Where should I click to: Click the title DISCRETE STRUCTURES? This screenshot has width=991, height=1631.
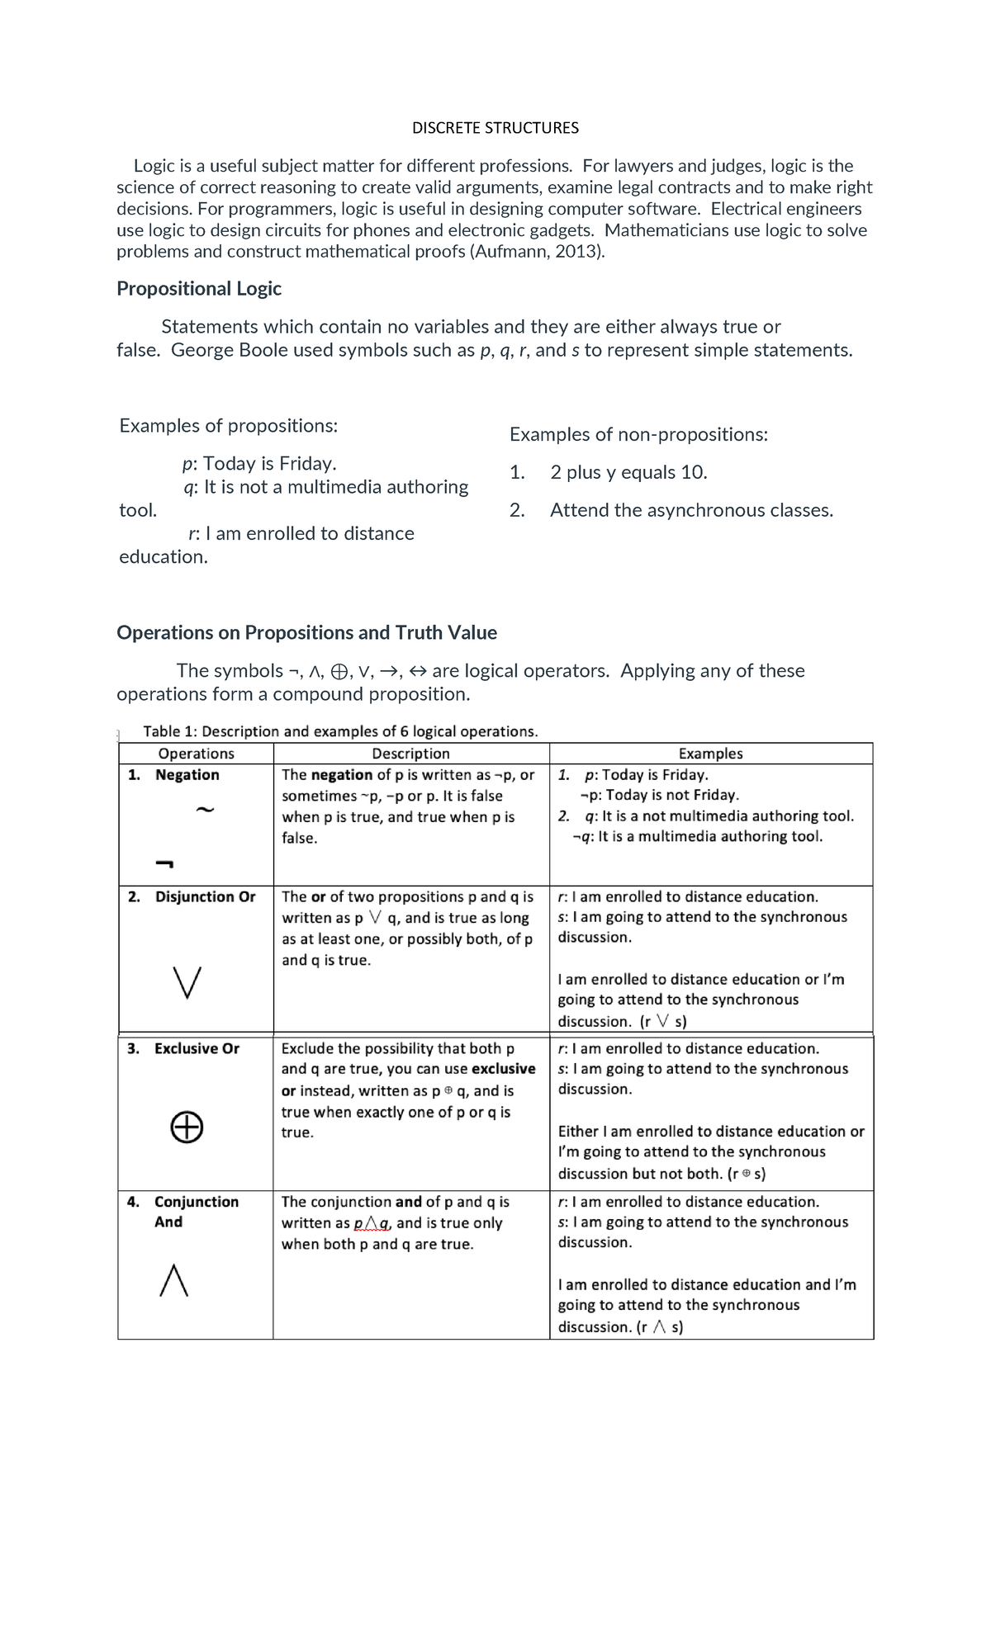495,128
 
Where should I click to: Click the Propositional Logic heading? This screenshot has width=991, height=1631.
199,289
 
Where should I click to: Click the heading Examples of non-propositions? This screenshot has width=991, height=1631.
638,435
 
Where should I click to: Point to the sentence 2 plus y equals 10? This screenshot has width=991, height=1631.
628,473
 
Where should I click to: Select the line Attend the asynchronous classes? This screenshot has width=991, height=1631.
691,511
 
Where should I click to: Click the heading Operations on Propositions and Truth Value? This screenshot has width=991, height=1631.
306,633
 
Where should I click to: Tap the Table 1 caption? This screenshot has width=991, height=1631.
340,731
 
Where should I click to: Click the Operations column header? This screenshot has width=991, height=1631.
196,754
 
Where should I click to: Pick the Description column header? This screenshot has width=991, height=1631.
410,754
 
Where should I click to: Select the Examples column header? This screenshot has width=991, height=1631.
710,754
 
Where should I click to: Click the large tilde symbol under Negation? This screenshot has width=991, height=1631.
205,810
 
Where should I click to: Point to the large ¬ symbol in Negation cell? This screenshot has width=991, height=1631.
164,864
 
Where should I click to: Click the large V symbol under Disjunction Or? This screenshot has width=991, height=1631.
187,982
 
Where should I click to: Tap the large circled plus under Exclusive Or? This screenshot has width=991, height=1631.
187,1127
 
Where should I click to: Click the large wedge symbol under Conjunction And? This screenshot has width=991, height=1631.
173,1281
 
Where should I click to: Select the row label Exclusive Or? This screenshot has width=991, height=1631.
197,1049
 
